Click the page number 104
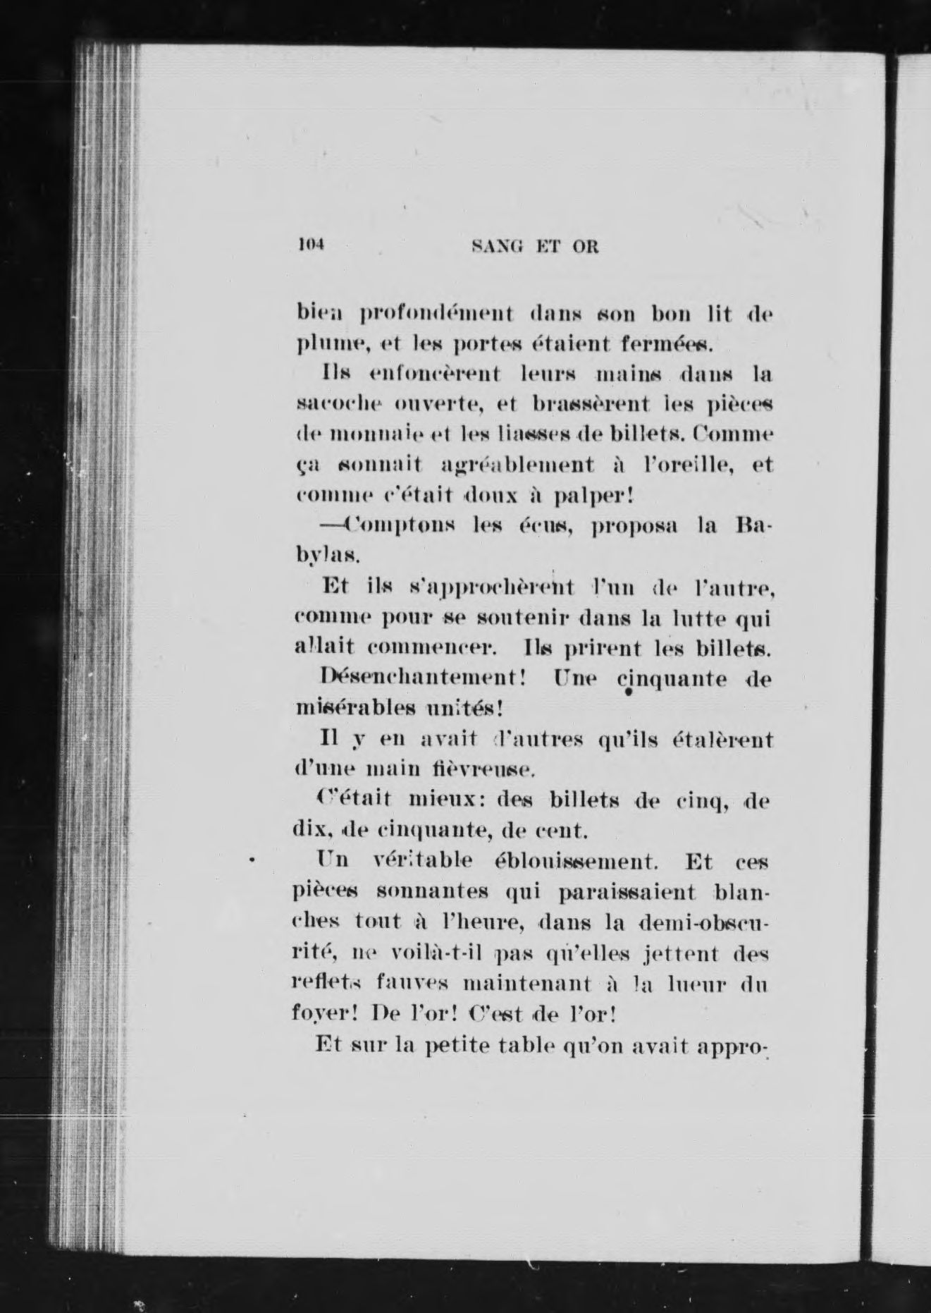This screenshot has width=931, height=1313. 309,245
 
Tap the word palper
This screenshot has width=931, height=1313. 593,496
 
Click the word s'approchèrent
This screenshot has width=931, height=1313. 493,587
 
